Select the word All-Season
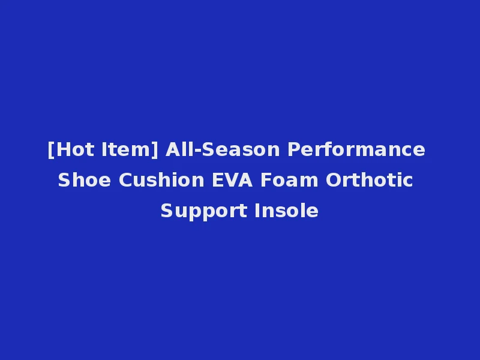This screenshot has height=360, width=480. (x=223, y=149)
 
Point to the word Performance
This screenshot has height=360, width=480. (x=356, y=149)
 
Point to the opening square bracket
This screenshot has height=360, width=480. (x=50, y=149)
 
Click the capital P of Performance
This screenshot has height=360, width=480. (x=293, y=149)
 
